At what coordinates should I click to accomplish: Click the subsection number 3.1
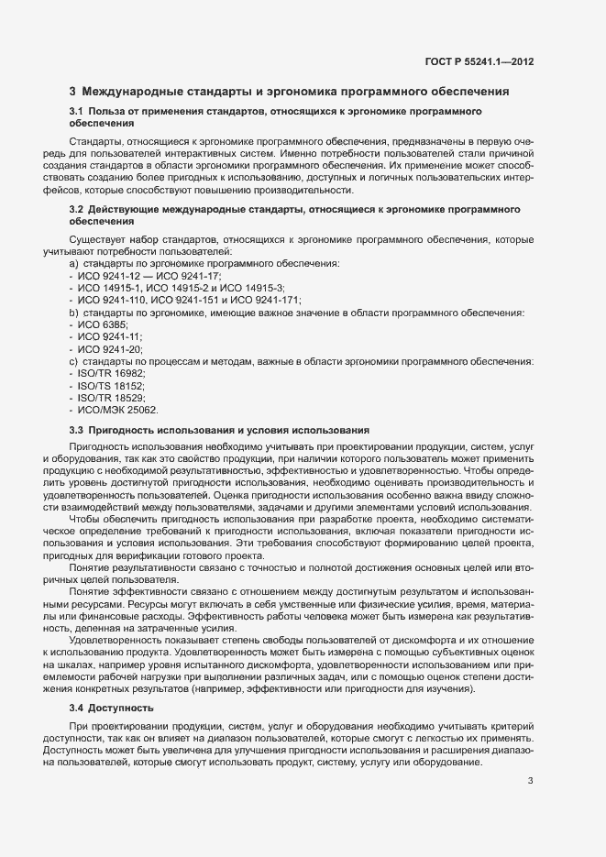[77, 112]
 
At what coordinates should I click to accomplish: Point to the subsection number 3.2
[77, 211]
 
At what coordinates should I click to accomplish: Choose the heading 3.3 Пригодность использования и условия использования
[219, 430]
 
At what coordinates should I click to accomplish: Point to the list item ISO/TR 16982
[111, 375]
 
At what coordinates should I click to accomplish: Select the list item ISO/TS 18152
[111, 387]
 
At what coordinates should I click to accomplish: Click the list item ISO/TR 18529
[111, 399]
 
